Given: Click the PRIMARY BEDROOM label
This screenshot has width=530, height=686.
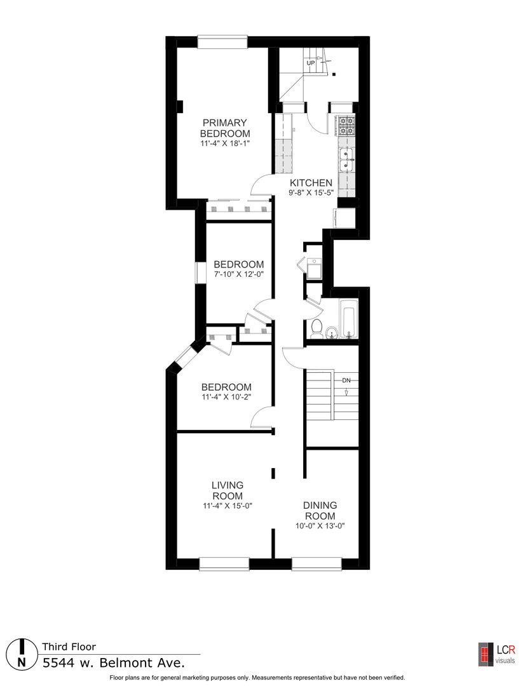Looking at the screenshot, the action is (x=225, y=128).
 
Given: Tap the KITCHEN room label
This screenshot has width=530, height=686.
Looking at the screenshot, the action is (x=311, y=183).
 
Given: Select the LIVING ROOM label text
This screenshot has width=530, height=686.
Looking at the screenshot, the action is (x=227, y=490).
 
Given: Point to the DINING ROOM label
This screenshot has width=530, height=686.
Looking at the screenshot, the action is (x=320, y=511).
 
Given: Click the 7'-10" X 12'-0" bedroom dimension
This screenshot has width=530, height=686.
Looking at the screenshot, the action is (x=238, y=274).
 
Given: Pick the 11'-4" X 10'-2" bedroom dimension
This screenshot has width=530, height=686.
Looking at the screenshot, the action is (x=226, y=397).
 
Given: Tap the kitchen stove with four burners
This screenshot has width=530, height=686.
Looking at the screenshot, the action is (x=346, y=126).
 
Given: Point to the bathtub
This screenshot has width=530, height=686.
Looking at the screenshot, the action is (x=350, y=318).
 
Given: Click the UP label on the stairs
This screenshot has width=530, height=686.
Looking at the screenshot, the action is (x=311, y=63).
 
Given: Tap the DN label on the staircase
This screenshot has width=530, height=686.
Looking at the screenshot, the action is (x=346, y=380).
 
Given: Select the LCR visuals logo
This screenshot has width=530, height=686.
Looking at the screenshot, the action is (x=496, y=654).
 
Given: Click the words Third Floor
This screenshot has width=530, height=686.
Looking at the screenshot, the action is (x=69, y=647).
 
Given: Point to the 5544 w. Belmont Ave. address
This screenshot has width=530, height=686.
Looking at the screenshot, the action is (x=113, y=662).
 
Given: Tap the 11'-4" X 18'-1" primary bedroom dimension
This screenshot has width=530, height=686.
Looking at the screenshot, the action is (x=225, y=144).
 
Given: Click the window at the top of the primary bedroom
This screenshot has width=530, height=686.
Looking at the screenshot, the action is (x=222, y=41).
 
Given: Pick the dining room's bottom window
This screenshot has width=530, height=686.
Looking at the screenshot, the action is (x=316, y=564).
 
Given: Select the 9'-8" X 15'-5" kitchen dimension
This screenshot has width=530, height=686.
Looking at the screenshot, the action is (x=311, y=192).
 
